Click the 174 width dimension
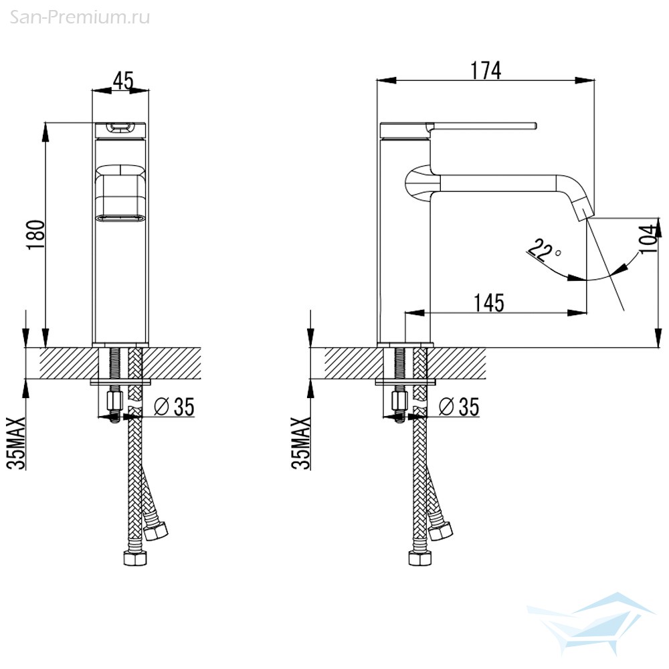[486, 70]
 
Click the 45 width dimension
[123, 80]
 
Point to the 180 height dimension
[36, 235]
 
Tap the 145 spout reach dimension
[489, 303]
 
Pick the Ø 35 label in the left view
[174, 406]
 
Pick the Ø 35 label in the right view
[459, 406]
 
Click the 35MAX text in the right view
[301, 443]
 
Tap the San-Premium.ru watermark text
[80, 17]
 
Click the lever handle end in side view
[535, 126]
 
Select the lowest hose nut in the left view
[135, 558]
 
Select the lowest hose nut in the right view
[420, 558]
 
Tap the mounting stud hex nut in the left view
[114, 401]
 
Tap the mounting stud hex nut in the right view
[399, 401]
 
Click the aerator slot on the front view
[120, 217]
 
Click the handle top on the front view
[120, 127]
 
